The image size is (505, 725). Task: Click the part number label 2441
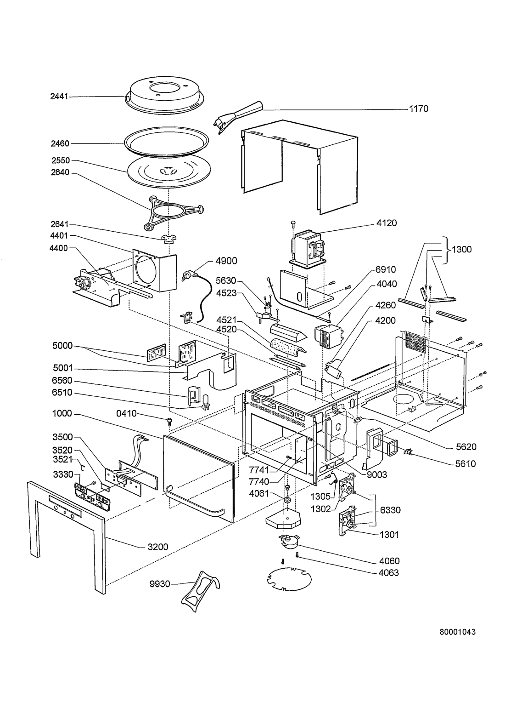59,97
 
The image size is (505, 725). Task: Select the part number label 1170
418,109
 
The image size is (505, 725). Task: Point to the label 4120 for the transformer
387,223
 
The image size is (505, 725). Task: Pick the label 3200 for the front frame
157,547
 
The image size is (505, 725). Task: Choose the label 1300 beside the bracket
462,250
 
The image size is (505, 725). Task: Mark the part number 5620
466,446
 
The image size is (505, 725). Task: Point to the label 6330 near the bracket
390,510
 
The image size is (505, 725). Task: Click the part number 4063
389,573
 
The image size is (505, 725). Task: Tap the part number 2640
60,173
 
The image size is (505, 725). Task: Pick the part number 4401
59,236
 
